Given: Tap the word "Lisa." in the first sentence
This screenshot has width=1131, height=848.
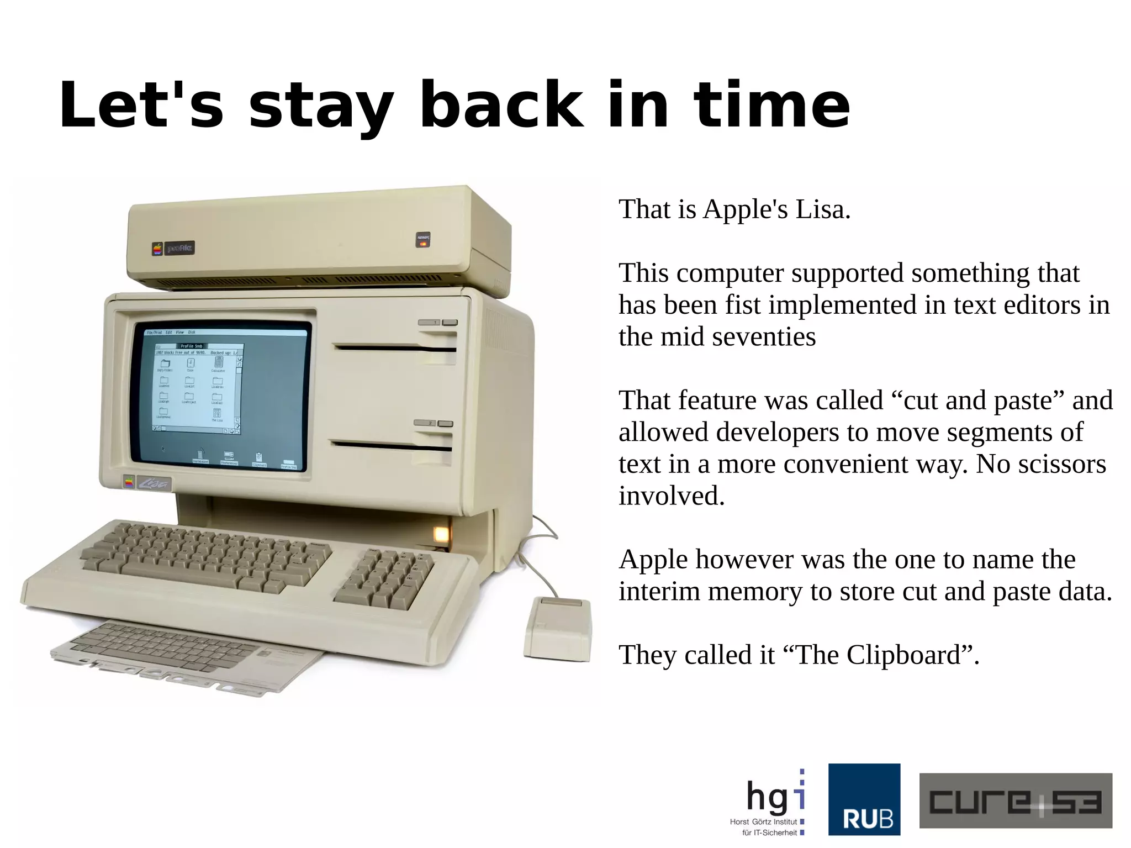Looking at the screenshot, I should tap(823, 209).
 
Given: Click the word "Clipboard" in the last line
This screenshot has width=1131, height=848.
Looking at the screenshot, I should tap(903, 655).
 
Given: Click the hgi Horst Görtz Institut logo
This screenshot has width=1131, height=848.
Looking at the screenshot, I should tap(768, 802).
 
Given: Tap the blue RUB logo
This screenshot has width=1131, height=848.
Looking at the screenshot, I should tap(864, 799).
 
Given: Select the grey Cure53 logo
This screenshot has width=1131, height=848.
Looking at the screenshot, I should tap(1015, 800).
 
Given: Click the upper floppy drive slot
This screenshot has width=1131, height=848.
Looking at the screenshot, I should tap(395, 348).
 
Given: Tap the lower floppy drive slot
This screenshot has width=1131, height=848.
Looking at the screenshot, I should tap(391, 445).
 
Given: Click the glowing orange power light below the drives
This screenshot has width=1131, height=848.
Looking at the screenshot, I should tap(440, 534).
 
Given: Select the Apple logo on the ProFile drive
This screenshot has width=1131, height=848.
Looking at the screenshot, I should tap(158, 249).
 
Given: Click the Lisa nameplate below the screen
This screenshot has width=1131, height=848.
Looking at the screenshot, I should tap(154, 484).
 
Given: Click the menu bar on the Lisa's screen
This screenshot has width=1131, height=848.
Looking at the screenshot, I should tap(225, 332).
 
